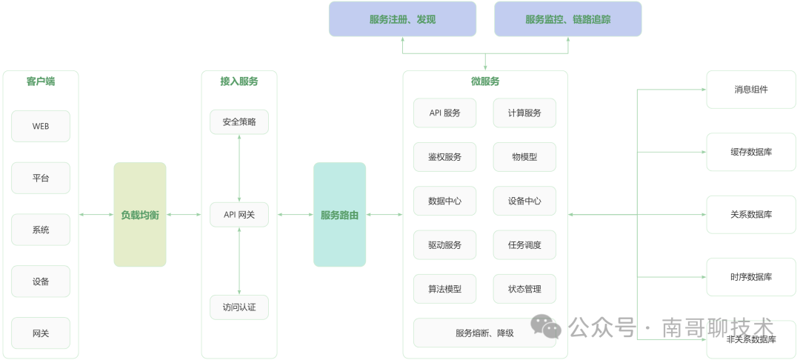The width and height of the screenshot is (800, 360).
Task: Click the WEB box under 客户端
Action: pos(41,126)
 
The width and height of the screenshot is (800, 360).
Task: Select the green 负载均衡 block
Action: pos(140,215)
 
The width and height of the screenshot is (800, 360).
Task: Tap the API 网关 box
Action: pos(239,215)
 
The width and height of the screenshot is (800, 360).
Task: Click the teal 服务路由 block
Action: pos(339,215)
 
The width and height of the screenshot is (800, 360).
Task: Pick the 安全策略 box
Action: pos(239,121)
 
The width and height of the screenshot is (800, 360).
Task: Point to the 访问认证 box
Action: pos(239,307)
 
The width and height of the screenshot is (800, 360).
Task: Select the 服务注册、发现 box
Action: pos(402,19)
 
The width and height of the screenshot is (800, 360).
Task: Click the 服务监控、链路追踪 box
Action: pos(567,19)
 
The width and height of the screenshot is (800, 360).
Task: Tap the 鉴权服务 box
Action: pos(444,157)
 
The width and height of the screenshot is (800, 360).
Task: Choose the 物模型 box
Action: pos(524,157)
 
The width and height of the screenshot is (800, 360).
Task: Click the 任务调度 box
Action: pos(524,245)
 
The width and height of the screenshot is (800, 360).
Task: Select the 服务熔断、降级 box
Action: pos(484,333)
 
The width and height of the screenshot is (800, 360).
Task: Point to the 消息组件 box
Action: pos(751,90)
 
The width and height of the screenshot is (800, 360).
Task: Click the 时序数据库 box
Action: pos(751,277)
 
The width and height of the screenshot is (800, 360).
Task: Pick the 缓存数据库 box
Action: pos(751,152)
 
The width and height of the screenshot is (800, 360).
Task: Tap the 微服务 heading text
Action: pos(485,81)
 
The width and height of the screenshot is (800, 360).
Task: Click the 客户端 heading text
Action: pos(41,81)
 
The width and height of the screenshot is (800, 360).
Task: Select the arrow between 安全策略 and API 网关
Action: pos(239,168)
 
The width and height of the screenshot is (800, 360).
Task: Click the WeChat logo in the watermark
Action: pos(546,327)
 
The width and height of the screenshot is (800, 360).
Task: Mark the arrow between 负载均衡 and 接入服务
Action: pos(184,215)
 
